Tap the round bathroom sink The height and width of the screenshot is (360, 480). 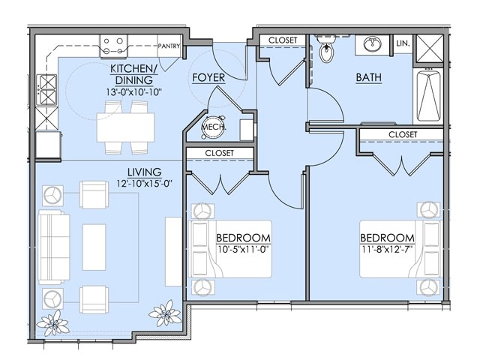(372, 44)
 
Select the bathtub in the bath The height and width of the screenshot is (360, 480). (428, 96)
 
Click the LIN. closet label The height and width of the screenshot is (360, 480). (403, 43)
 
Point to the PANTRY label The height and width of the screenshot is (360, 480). (169, 46)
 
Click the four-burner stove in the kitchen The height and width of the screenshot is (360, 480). (113, 46)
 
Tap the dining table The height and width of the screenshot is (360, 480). (125, 127)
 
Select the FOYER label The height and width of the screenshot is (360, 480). (208, 78)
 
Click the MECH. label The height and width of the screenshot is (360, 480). (214, 127)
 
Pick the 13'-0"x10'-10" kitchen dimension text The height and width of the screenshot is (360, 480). (133, 92)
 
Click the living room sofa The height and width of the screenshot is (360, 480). (54, 247)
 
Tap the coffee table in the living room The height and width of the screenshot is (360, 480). (94, 247)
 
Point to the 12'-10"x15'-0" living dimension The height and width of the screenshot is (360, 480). (145, 184)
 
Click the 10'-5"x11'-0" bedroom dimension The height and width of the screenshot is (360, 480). (243, 249)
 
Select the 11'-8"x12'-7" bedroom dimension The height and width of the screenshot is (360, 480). (387, 249)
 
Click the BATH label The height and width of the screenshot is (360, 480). (368, 77)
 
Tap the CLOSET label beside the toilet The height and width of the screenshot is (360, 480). (283, 40)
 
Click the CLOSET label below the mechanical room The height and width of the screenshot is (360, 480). (219, 153)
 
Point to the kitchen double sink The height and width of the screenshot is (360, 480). (46, 90)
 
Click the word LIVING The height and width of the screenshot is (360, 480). (145, 172)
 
